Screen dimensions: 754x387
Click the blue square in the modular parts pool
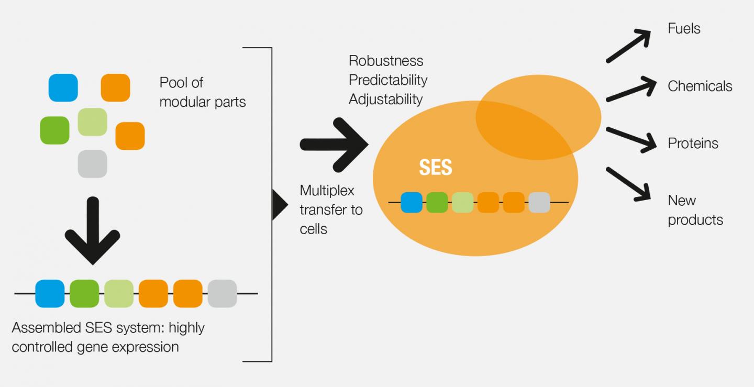63,87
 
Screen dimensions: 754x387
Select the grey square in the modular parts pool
92,164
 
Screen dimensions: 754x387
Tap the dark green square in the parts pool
54,130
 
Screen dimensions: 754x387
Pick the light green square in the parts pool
92,122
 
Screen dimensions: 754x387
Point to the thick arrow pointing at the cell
334,145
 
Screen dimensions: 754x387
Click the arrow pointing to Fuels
628,46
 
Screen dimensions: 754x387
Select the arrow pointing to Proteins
631,140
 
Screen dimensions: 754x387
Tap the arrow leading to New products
628,184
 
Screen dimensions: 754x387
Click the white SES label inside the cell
435,167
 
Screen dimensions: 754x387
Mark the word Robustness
386,61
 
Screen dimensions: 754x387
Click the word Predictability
388,81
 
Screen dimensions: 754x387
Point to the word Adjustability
386,99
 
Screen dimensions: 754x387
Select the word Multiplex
327,191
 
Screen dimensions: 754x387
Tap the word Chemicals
700,86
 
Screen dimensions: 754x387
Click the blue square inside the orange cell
412,202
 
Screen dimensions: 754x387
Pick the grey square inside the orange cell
539,202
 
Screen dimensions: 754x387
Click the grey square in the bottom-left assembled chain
222,293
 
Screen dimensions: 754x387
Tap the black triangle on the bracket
280,205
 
